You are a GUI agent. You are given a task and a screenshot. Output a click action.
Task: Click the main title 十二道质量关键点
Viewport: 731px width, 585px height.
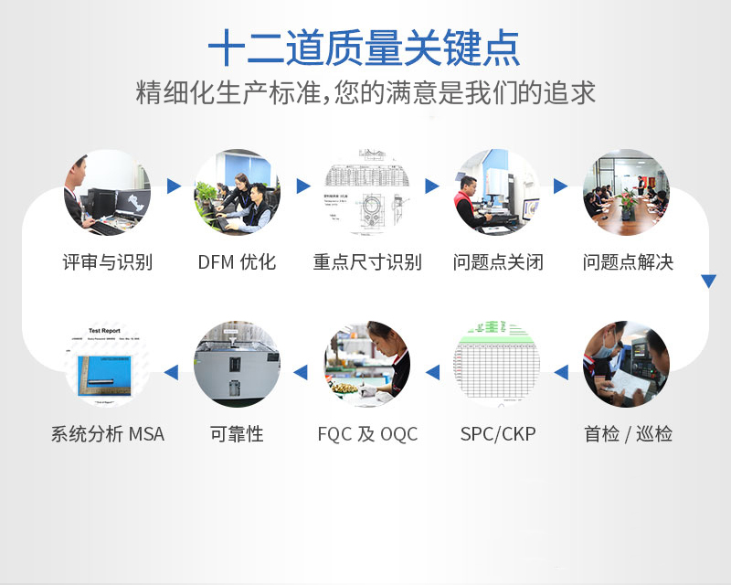tap(365, 48)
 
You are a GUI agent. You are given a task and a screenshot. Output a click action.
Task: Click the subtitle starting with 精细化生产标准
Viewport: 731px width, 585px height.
tap(365, 93)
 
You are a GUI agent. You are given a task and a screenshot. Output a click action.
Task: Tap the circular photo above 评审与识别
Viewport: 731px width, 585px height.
tap(107, 193)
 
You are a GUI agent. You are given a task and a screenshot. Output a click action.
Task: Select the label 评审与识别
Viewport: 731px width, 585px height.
tap(107, 262)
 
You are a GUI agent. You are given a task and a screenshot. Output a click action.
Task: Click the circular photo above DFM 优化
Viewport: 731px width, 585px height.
tap(237, 193)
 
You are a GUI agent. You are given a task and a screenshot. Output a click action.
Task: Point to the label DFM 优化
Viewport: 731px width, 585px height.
tap(237, 262)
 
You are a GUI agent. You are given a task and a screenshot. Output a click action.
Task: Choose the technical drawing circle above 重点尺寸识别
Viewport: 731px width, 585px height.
tap(366, 193)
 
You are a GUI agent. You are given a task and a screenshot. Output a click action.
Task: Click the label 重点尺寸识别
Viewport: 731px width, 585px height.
tap(366, 262)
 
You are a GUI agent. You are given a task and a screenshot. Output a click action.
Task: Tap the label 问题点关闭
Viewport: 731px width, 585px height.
tap(497, 262)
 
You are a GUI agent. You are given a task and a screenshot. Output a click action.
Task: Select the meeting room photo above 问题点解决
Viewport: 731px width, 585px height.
tap(626, 193)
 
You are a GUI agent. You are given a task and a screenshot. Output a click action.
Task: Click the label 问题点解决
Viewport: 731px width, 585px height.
tap(628, 262)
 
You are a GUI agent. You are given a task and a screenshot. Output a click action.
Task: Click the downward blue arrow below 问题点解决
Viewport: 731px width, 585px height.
tap(708, 282)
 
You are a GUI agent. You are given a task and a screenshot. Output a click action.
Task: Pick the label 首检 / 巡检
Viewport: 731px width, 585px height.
tap(628, 434)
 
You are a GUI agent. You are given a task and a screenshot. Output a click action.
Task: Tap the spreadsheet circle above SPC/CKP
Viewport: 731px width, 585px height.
tap(497, 364)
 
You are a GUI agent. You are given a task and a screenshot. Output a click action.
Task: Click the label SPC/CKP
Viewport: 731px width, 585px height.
tap(497, 434)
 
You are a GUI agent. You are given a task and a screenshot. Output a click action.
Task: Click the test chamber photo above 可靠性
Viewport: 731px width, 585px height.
tap(237, 364)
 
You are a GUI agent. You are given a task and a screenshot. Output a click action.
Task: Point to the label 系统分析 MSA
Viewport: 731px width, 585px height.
tap(107, 434)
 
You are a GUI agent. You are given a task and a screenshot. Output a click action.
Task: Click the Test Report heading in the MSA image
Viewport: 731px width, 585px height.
tap(103, 331)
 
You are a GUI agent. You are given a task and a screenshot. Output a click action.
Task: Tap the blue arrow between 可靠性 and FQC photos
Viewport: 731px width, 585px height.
tap(301, 372)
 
